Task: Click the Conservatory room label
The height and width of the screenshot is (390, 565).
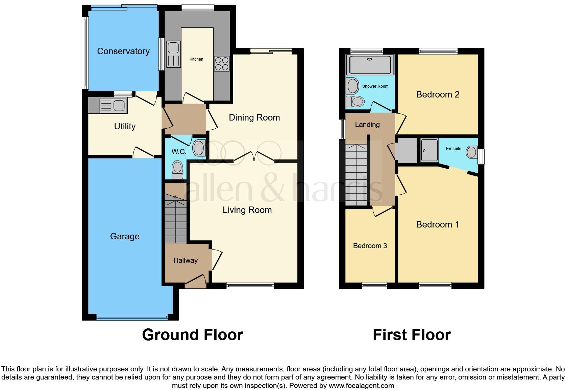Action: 123,51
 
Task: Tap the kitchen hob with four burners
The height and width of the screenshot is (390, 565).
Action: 222,63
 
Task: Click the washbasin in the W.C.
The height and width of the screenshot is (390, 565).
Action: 199,148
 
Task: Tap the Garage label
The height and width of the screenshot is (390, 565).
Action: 125,236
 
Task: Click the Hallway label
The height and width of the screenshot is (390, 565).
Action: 185,260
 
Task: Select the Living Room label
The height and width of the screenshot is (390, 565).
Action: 247,210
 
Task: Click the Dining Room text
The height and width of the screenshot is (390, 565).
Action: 254,117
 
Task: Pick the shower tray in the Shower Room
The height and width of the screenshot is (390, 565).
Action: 370,65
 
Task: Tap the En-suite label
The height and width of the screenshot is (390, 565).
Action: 453,148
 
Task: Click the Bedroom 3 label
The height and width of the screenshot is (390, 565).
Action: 370,246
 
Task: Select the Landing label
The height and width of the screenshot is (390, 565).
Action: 367,125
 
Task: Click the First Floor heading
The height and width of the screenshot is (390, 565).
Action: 411,335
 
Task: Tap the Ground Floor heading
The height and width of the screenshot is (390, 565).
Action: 192,335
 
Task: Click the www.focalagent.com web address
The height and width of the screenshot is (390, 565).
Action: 361,386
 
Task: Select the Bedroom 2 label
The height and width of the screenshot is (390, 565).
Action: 438,94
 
